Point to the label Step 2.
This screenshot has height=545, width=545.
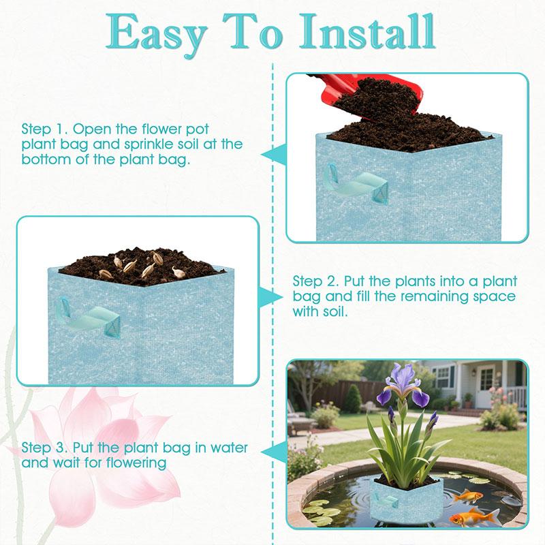coord(315,281)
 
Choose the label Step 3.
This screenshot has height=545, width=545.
coord(44,448)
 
